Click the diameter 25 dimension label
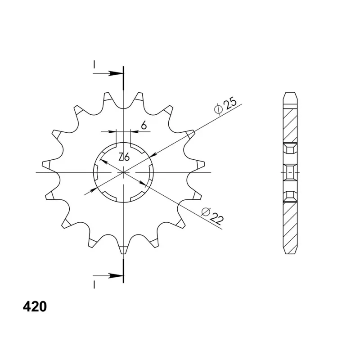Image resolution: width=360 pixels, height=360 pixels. coord(225,106)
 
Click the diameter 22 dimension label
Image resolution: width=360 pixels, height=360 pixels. coord(212,216)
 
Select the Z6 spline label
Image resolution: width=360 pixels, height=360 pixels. coord(124,157)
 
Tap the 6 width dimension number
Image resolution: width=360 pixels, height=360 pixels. coord(144,126)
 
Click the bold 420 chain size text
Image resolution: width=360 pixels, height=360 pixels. coord(35,306)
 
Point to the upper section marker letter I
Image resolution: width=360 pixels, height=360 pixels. coord(94,64)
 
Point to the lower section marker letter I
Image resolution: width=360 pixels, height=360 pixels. coord(94,285)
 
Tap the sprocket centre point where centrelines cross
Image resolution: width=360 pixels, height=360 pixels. coord(123,172)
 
